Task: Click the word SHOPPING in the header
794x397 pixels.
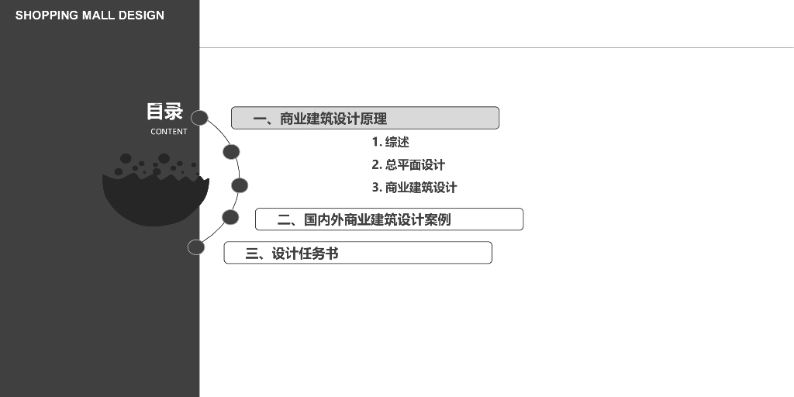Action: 47,16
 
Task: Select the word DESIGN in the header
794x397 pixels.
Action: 141,16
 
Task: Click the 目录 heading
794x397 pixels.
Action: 164,112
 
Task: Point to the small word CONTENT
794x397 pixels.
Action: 169,132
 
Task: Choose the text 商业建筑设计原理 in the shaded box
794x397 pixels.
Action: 333,119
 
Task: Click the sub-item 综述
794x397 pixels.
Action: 397,142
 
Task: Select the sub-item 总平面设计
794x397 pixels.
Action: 415,164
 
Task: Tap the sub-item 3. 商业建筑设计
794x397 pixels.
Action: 414,187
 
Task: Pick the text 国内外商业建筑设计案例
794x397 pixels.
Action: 377,219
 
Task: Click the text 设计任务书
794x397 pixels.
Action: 305,253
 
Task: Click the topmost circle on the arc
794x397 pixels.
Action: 199,118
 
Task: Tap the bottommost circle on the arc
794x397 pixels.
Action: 196,247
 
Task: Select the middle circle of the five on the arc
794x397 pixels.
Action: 240,185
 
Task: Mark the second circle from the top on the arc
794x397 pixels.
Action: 231,151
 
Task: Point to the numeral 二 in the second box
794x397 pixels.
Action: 284,219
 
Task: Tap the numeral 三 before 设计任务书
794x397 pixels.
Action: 252,253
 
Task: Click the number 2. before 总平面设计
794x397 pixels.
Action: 377,164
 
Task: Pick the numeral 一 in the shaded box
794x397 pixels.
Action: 261,119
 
